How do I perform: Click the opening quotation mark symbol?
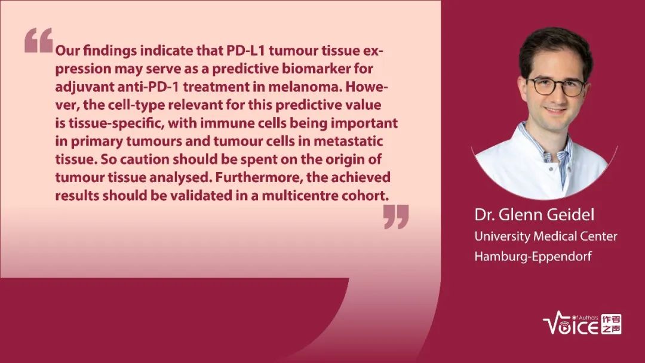39,40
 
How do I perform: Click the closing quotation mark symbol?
396,217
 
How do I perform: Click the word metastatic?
348,141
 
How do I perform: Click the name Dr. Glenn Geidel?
535,214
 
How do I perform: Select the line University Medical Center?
546,236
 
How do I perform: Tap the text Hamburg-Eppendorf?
533,256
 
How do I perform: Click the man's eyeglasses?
555,87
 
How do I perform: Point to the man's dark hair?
555,48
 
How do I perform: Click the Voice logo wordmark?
571,324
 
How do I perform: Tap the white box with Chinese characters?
612,324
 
